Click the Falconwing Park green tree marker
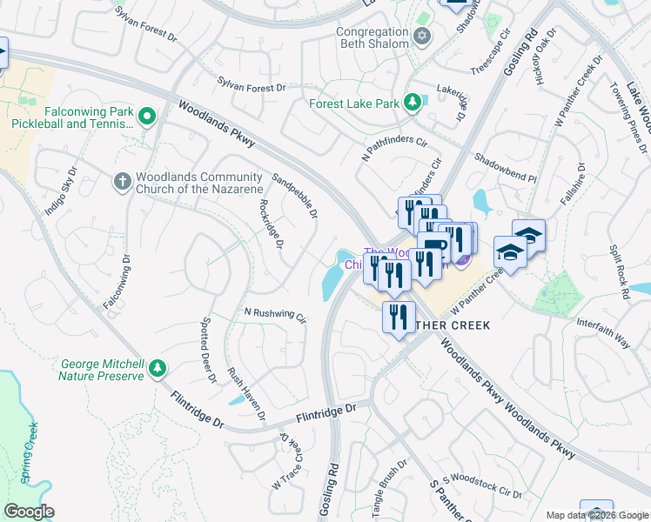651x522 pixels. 147,116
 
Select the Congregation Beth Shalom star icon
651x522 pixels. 422,37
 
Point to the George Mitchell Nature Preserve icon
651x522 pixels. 157,369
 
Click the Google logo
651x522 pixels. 30,512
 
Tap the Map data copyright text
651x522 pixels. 597,515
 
